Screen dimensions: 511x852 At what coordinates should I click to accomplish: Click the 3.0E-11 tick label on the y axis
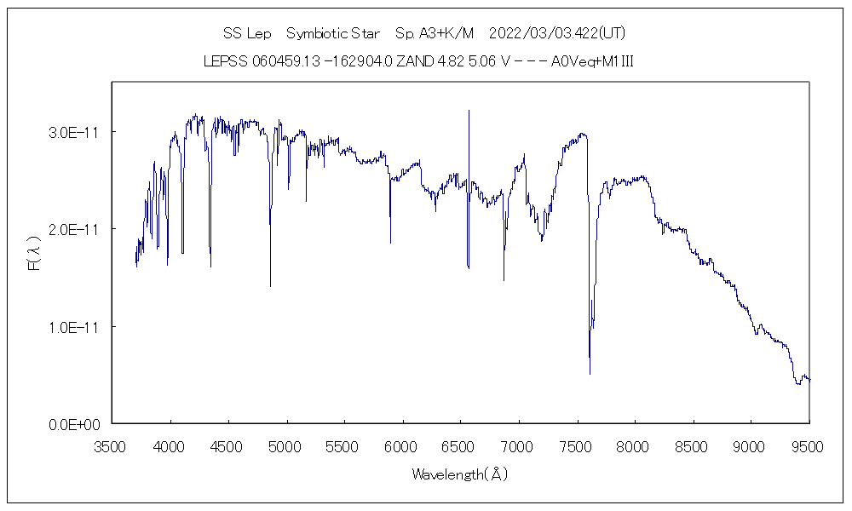(x=75, y=132)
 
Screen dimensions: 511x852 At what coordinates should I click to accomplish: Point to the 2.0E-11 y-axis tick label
(x=75, y=229)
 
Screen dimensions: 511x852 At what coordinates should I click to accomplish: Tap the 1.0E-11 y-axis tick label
(x=75, y=327)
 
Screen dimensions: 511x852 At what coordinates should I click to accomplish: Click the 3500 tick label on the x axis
(x=112, y=445)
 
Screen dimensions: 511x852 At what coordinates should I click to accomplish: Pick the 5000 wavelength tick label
(x=286, y=445)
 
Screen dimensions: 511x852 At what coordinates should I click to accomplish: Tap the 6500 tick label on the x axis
(x=461, y=445)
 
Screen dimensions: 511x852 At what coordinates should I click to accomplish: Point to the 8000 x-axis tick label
(x=635, y=445)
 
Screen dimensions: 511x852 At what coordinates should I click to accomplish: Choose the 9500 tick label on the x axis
(x=809, y=445)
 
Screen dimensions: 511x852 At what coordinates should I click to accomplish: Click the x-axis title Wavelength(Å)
(x=460, y=474)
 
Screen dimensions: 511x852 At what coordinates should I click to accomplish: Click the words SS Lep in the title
(x=247, y=34)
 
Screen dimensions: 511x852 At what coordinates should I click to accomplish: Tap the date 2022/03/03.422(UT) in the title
(x=558, y=34)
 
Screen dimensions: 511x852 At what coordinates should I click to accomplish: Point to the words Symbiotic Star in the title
(x=333, y=34)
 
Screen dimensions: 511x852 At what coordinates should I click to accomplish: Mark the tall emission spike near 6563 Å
(x=469, y=111)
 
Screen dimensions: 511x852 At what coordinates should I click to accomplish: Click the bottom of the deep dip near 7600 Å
(x=590, y=373)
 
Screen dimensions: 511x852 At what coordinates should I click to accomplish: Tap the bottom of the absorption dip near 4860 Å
(x=271, y=285)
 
